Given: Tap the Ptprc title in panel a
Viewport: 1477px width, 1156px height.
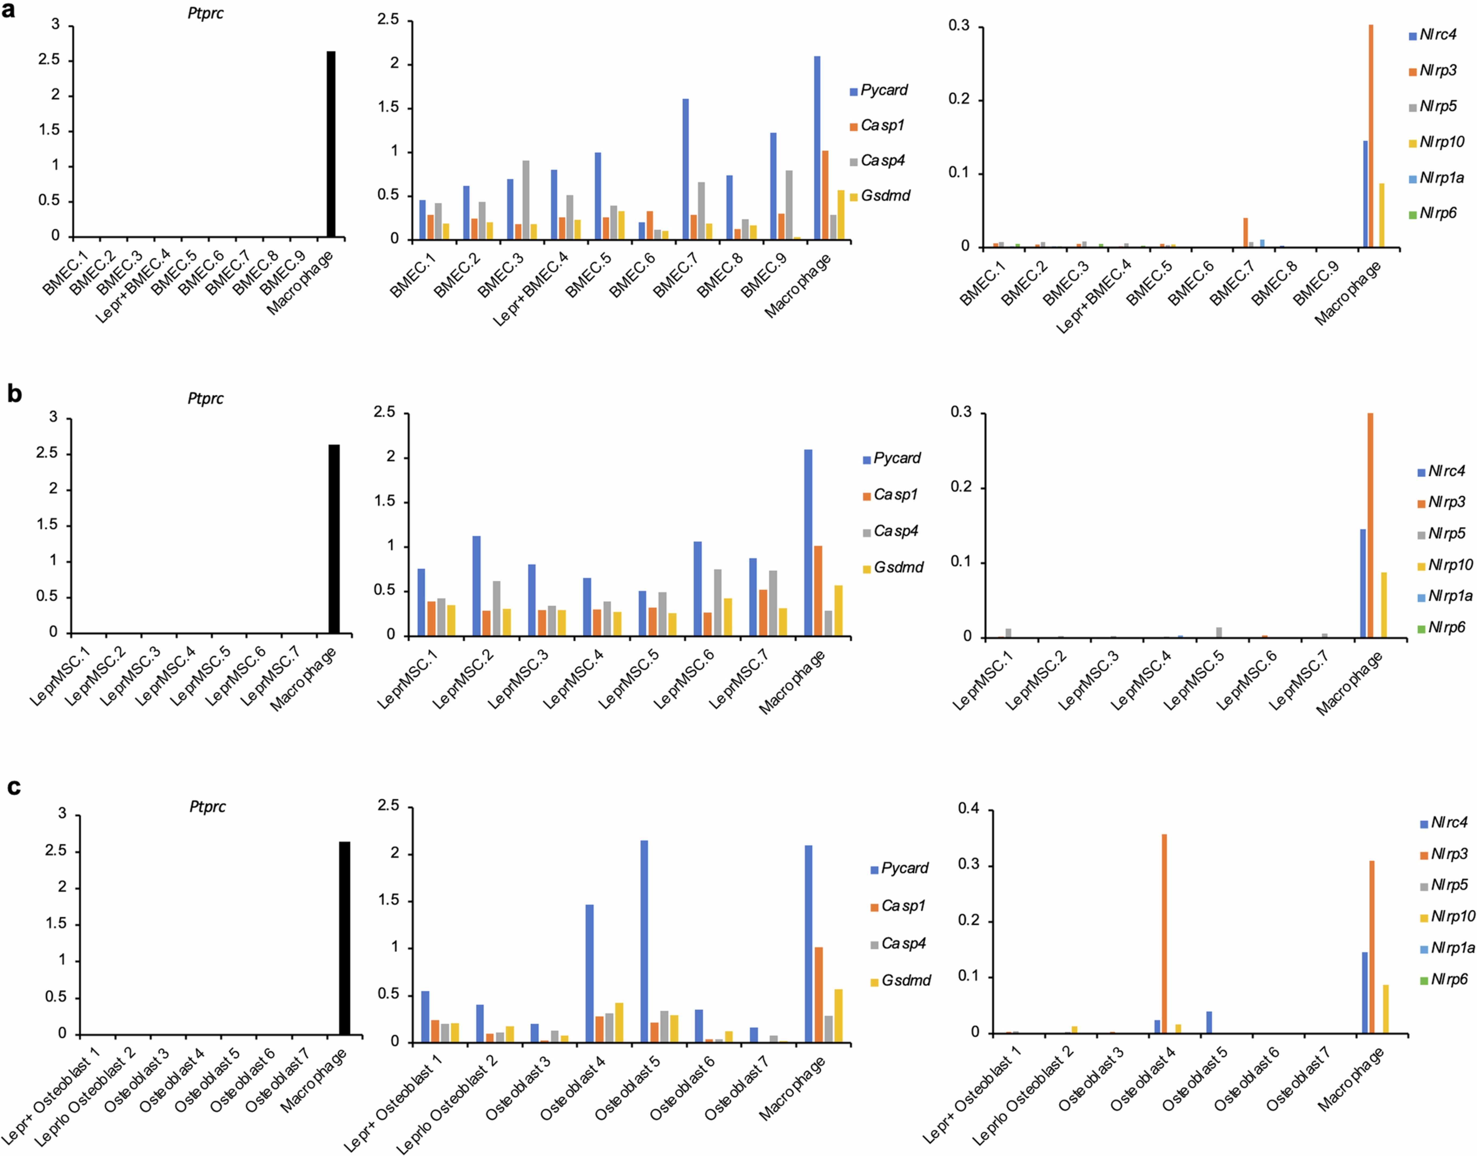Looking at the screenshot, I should point(205,13).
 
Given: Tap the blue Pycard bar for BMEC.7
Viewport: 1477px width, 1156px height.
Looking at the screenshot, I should point(686,169).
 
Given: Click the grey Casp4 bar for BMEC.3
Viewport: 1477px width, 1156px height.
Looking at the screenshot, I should point(526,200).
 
